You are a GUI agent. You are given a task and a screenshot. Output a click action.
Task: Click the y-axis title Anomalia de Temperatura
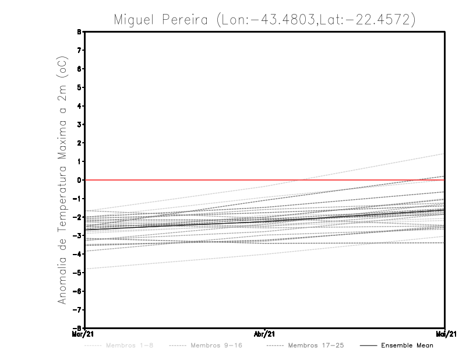pyautogui.click(x=62, y=180)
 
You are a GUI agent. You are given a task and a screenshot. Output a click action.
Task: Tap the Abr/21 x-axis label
pyautogui.click(x=265, y=334)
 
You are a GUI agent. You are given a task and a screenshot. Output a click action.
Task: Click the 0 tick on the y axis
pyautogui.click(x=80, y=180)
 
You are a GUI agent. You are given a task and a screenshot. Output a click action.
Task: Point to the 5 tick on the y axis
pyautogui.click(x=80, y=87)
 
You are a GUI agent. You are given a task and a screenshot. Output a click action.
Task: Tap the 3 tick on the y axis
pyautogui.click(x=80, y=125)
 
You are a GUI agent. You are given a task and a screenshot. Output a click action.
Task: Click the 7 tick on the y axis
pyautogui.click(x=80, y=51)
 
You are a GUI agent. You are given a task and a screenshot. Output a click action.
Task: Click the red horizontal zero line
pyautogui.click(x=175, y=180)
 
